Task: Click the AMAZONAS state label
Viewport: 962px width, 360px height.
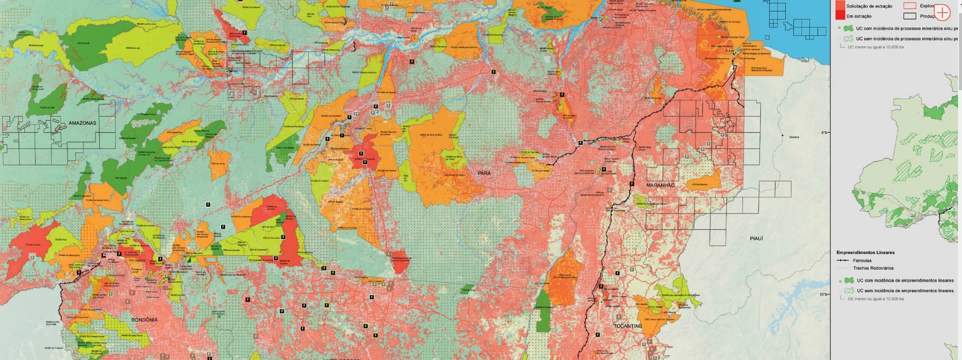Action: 82,123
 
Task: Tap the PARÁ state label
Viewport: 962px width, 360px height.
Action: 484,173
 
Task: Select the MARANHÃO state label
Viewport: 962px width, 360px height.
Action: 660,185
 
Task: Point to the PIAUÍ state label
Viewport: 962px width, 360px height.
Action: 756,239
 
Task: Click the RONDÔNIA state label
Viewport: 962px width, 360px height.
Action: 144,320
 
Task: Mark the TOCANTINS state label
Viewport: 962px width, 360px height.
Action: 627,326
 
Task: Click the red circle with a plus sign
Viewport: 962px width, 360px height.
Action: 941,13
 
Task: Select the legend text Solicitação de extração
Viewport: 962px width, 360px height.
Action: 869,6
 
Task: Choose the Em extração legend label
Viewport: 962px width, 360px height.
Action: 859,16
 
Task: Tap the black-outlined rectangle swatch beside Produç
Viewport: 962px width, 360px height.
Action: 909,16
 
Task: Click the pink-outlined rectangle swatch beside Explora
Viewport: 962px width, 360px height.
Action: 909,6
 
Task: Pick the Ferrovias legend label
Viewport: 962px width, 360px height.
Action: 862,261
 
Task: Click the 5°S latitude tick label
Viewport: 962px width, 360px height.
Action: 825,132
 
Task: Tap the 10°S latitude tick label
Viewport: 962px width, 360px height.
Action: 824,295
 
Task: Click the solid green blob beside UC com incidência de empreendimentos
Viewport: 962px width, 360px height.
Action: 849,280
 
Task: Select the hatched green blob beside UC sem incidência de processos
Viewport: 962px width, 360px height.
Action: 849,39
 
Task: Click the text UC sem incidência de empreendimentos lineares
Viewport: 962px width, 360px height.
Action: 905,291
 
